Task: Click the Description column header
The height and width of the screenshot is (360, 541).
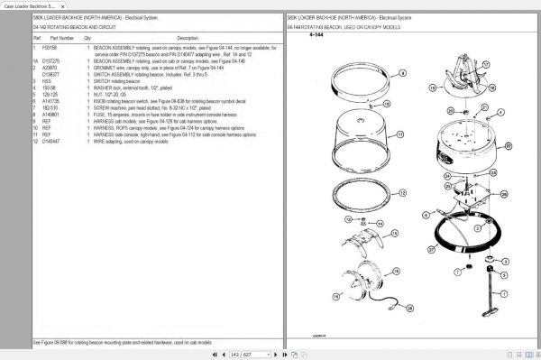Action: click(188, 39)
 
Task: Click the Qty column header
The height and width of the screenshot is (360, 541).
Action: click(87, 39)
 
